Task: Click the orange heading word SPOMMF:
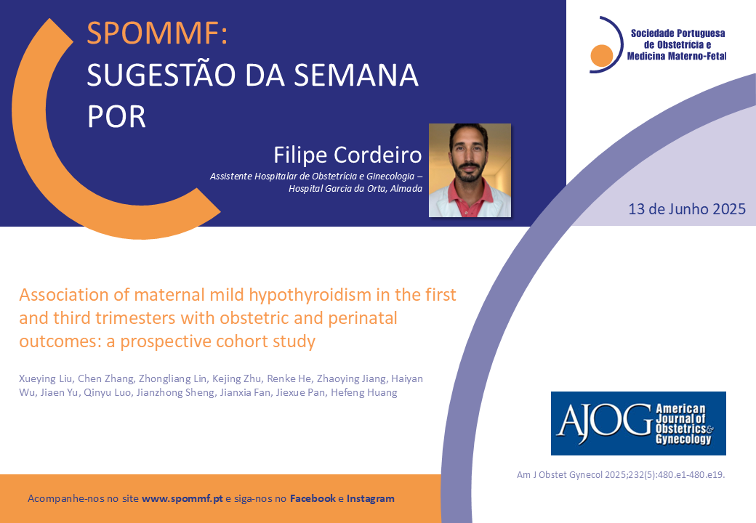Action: [157, 33]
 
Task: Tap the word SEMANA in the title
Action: [355, 75]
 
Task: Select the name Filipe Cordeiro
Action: [347, 155]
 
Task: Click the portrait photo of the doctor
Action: [470, 170]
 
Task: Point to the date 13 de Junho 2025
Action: [687, 209]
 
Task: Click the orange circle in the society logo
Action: [602, 55]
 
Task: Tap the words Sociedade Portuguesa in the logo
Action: [678, 33]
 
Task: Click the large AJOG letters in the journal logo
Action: [605, 423]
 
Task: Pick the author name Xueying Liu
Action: [46, 379]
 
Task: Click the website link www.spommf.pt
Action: [182, 498]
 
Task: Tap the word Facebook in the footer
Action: [313, 498]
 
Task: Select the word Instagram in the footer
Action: [370, 498]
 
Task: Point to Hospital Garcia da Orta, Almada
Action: [355, 189]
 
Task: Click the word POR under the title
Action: [117, 117]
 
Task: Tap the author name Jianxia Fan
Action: [245, 392]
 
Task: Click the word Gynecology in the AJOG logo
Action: [683, 439]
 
